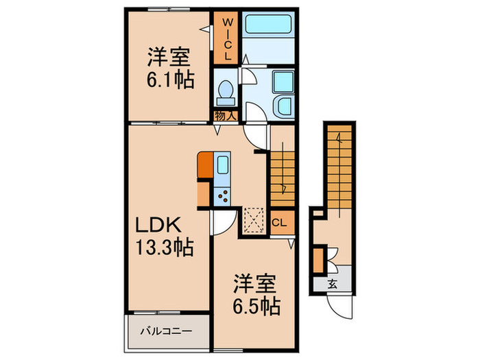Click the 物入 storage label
coord(225,115)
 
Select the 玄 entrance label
coord(332,283)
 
